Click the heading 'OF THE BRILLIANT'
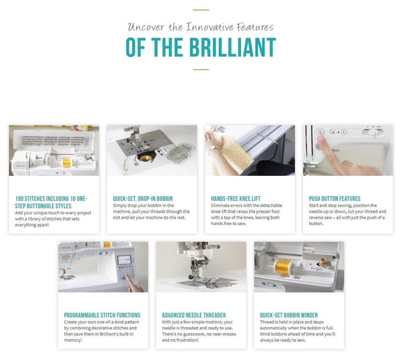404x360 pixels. pyautogui.click(x=201, y=48)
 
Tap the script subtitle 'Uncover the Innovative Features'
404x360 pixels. pyautogui.click(x=201, y=27)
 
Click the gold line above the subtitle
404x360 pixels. pyautogui.click(x=201, y=11)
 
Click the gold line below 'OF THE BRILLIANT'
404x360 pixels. pyautogui.click(x=201, y=69)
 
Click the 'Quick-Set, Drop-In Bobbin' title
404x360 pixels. pyautogui.click(x=139, y=198)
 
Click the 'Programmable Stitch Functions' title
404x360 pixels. pyautogui.click(x=102, y=315)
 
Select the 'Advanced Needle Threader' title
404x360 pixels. pyautogui.click(x=194, y=315)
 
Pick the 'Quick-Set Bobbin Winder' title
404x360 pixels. pyautogui.click(x=290, y=315)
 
